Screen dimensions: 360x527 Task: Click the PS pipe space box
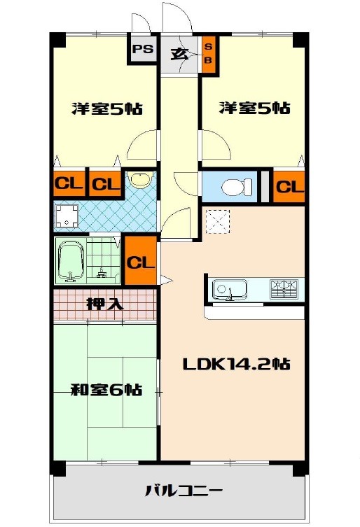point(142,49)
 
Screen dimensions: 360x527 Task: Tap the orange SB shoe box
point(208,54)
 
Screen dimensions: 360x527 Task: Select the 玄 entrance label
point(179,54)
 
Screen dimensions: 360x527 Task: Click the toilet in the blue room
point(237,187)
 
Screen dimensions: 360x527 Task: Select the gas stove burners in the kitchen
point(284,289)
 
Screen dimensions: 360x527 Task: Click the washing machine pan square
point(66,216)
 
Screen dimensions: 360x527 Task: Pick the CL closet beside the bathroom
point(141,261)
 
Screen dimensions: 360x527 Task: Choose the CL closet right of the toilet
point(289,187)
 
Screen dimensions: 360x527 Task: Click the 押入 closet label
point(105,304)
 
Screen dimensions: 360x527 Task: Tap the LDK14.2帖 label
point(236,365)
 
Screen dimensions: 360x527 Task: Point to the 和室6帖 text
point(106,391)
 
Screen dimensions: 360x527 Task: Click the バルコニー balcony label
point(184,491)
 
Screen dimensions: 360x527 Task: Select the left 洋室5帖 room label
point(107,108)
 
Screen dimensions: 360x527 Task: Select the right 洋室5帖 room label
point(255,108)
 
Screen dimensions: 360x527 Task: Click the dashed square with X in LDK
point(217,221)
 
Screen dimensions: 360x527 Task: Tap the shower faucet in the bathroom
point(102,273)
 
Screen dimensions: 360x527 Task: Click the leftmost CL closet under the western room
point(69,183)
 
